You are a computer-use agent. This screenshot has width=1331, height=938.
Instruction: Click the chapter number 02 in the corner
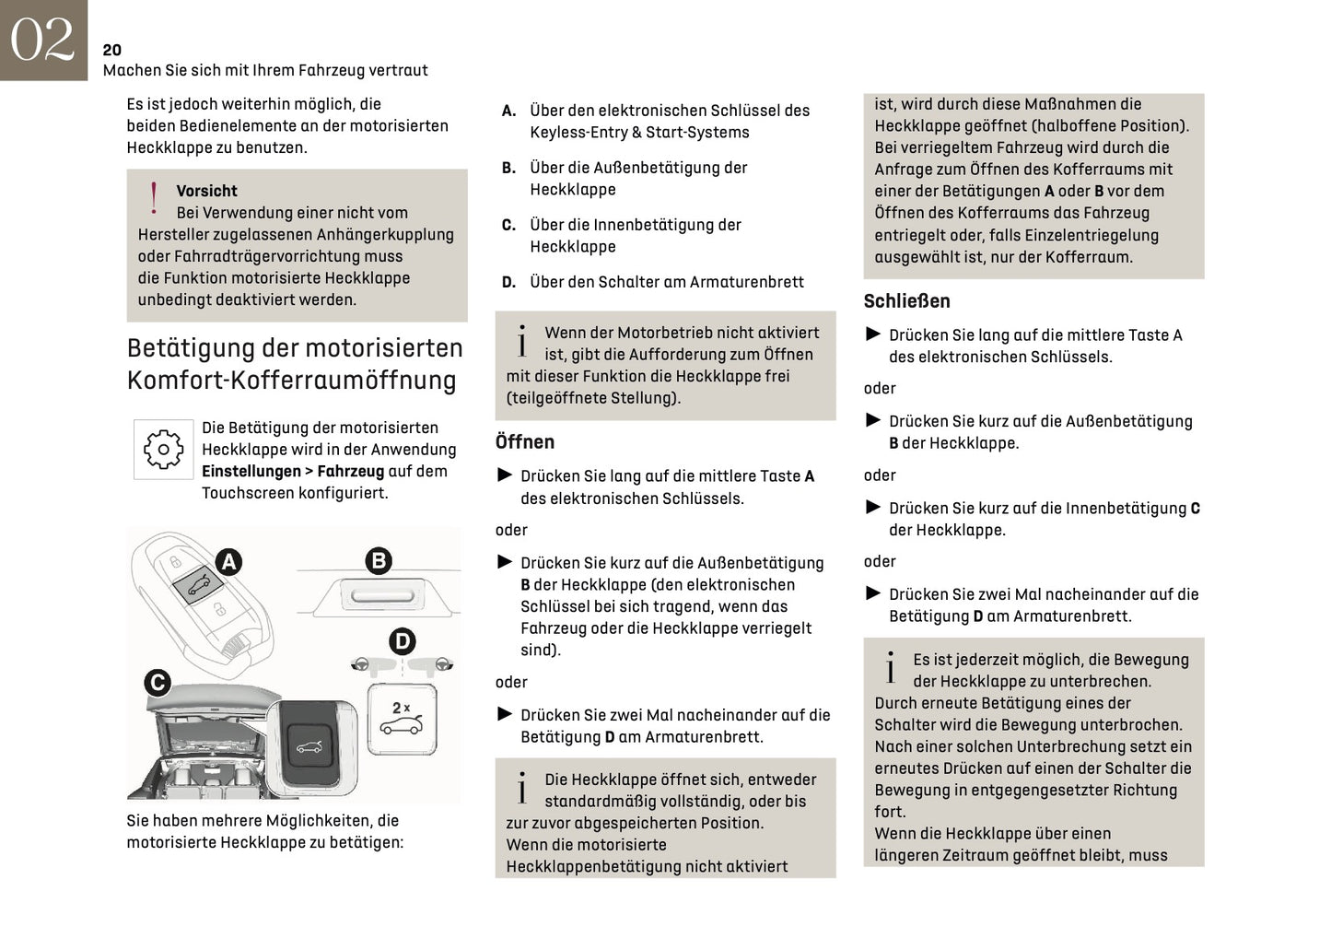click(x=42, y=40)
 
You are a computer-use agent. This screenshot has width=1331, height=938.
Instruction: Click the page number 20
click(x=111, y=50)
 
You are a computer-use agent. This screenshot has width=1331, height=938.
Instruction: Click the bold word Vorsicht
click(x=206, y=191)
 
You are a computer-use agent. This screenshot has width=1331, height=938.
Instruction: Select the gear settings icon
click(x=164, y=450)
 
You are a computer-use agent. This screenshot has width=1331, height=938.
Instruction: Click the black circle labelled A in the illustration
click(x=228, y=561)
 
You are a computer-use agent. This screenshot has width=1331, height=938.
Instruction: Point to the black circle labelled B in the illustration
click(x=379, y=560)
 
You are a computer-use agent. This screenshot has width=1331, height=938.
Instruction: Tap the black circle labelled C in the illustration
click(x=158, y=682)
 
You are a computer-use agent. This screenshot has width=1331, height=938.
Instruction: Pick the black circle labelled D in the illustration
click(x=403, y=641)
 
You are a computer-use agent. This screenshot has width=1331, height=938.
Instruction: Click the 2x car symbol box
click(x=403, y=718)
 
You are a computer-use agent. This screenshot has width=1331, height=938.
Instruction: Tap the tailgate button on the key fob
click(x=197, y=585)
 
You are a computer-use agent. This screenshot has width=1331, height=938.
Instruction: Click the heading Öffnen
click(x=525, y=442)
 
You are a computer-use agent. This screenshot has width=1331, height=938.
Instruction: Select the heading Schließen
click(x=906, y=301)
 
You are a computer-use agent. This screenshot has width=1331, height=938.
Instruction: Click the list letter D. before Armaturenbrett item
click(x=508, y=282)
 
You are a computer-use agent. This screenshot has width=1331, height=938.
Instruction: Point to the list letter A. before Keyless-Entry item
click(x=508, y=111)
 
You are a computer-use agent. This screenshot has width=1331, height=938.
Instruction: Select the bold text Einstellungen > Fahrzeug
click(x=293, y=471)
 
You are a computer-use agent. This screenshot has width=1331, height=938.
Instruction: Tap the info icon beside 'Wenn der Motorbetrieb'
click(x=522, y=342)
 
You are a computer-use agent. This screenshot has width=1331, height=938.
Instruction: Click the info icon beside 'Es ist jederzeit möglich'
click(x=890, y=669)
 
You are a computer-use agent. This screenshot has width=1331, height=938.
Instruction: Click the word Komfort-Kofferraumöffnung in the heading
click(x=291, y=381)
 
